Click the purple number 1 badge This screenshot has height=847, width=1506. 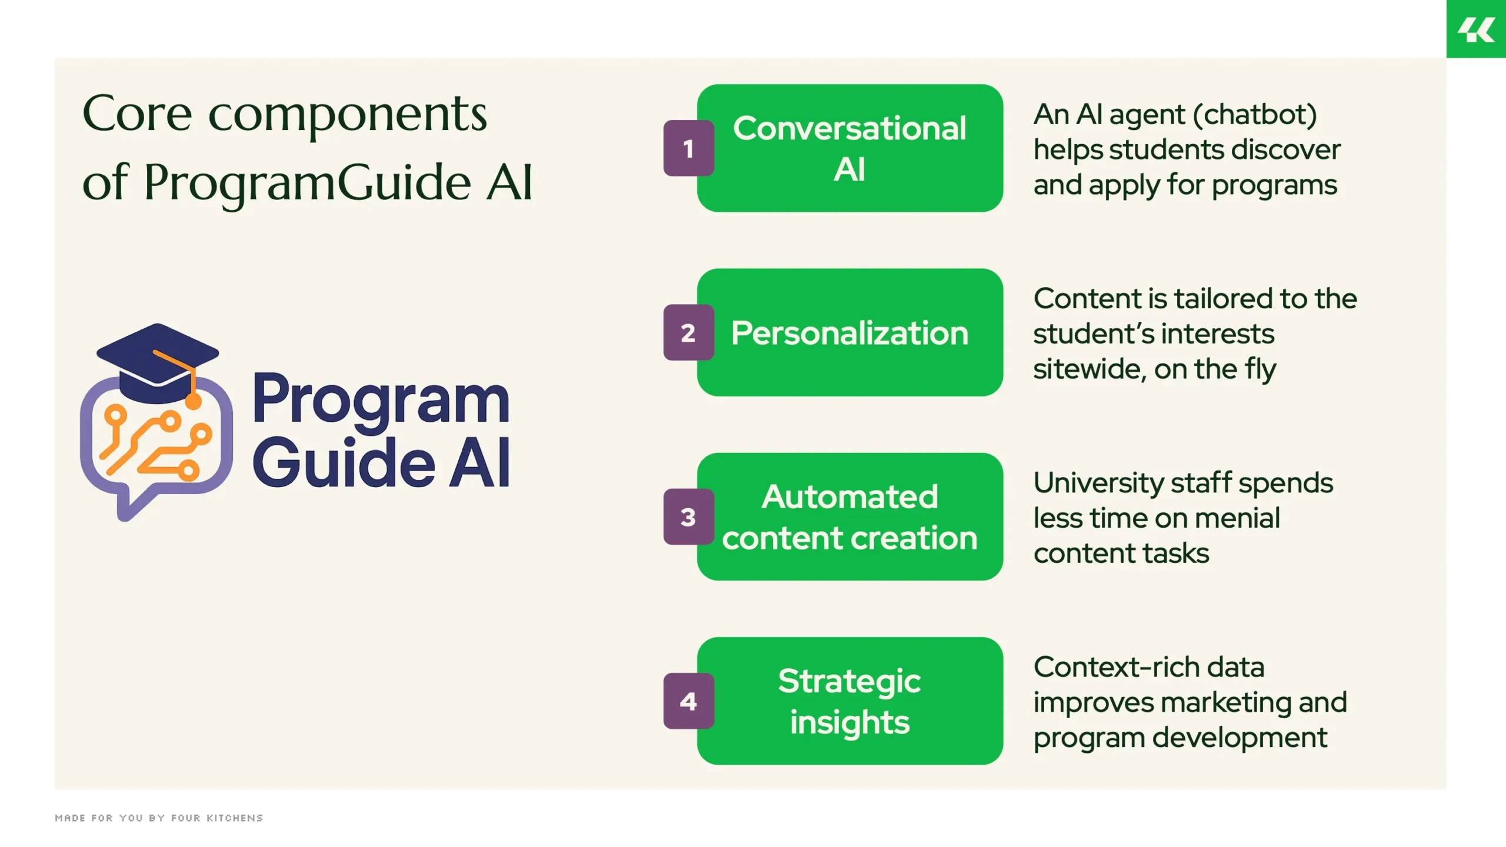point(688,148)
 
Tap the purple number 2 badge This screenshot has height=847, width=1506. point(688,332)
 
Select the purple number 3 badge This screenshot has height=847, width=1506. point(688,516)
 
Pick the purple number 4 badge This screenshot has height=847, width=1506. point(688,701)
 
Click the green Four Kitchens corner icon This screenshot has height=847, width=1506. point(1476,29)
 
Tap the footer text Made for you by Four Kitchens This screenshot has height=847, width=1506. point(159,818)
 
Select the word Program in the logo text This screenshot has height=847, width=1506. point(381,400)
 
